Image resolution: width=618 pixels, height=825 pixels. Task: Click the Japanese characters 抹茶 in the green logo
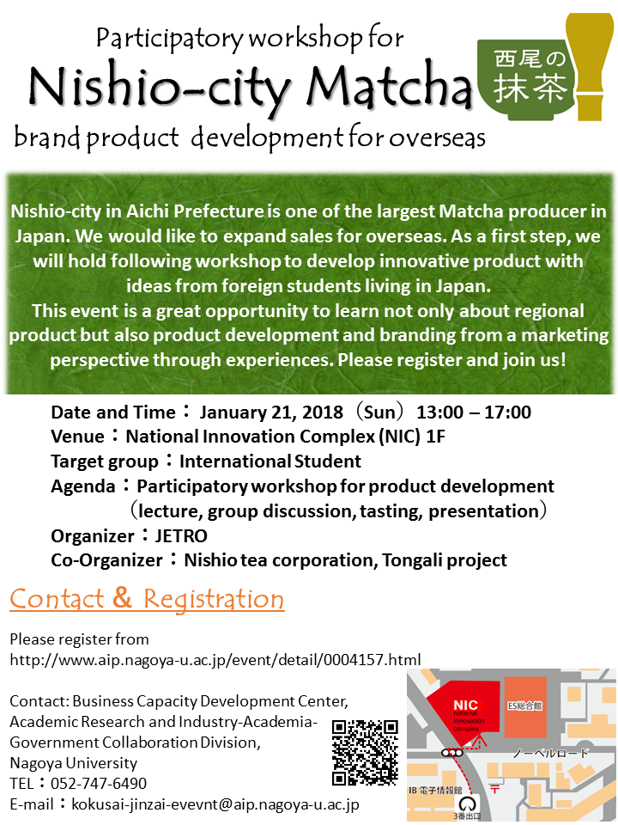tap(530, 88)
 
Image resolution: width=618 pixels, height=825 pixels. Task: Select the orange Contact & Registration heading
tap(147, 599)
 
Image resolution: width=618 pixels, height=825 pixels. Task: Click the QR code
tap(366, 753)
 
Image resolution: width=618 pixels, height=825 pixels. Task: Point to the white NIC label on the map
tap(465, 705)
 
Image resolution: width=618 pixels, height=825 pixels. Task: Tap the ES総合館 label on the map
tap(524, 706)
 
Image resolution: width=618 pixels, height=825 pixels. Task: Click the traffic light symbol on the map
tap(452, 753)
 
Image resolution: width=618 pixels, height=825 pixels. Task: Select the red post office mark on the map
tap(494, 788)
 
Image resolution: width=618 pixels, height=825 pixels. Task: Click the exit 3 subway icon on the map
tap(468, 804)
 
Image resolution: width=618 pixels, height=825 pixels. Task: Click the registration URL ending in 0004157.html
tap(215, 660)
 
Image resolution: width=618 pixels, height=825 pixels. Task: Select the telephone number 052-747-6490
tap(99, 784)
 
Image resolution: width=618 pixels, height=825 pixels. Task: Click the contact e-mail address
tap(215, 804)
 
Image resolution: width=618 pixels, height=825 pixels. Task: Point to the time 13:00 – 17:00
tap(474, 412)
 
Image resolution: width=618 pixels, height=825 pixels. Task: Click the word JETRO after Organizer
tap(181, 535)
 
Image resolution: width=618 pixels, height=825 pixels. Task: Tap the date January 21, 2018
tap(271, 412)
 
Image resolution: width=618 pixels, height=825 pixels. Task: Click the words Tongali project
tap(445, 560)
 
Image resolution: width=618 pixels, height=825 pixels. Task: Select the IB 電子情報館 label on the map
tap(435, 791)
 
